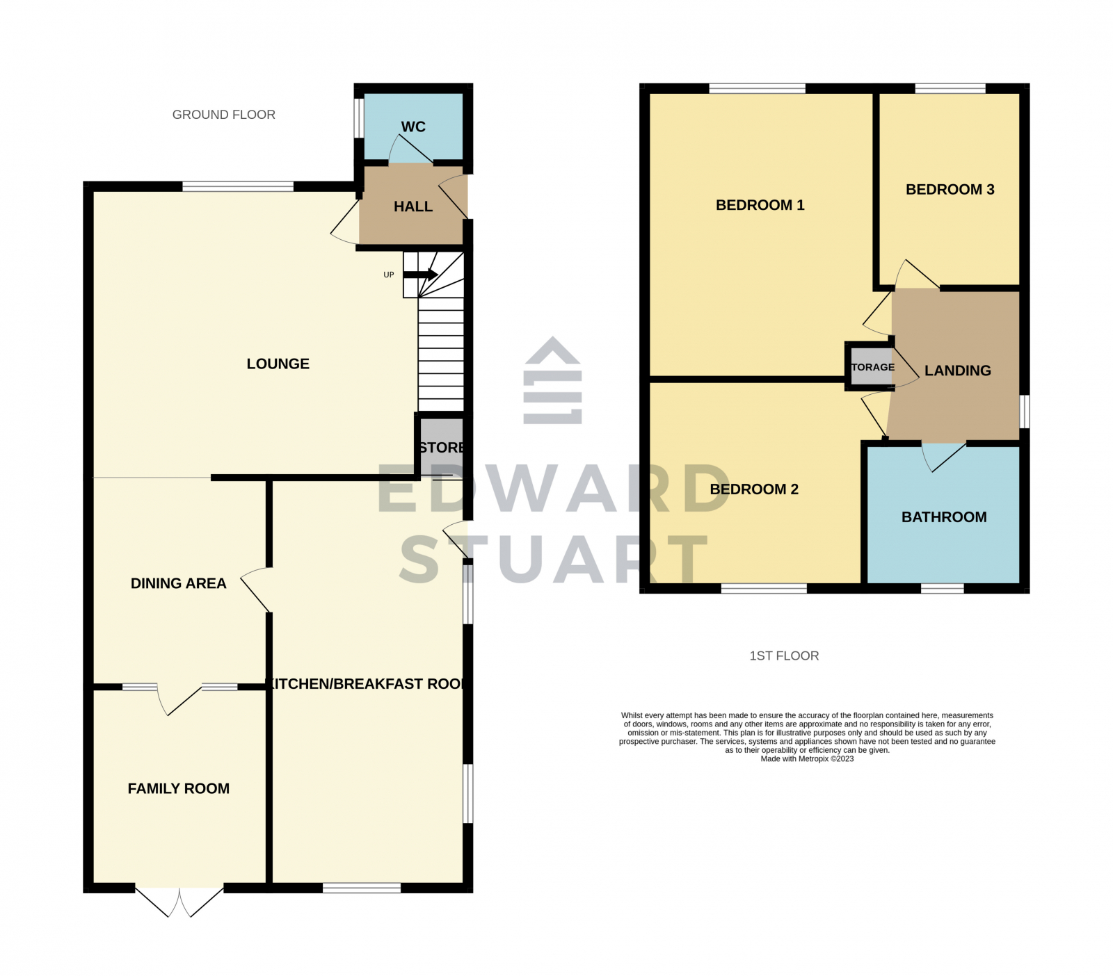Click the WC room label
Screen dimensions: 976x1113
413,127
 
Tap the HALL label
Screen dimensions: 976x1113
413,206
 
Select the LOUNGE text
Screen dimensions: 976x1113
278,364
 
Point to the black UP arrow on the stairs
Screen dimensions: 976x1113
421,275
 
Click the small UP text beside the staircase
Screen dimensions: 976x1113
389,275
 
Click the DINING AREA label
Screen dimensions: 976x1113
179,583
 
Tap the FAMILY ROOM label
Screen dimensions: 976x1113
179,788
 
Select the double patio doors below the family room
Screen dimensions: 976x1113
179,902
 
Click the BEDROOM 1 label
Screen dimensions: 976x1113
760,205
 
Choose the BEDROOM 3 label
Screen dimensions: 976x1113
950,189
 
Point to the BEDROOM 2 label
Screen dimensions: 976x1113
754,489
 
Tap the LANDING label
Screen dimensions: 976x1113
958,371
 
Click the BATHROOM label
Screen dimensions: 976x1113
944,517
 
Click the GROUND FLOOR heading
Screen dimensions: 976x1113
224,115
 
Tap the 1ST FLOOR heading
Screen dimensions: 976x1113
784,656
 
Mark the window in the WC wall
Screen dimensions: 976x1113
358,118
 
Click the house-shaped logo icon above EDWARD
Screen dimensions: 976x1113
553,380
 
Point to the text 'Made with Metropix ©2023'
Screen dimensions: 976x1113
807,759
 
